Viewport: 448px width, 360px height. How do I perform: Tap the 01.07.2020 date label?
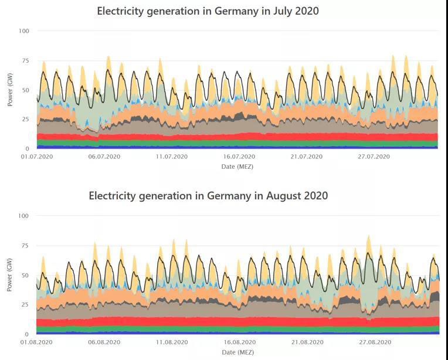(x=37, y=157)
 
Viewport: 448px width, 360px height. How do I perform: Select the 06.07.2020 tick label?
(x=104, y=157)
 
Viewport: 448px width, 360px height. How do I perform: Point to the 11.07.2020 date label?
(x=171, y=157)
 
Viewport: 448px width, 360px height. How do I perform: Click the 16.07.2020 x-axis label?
(x=239, y=157)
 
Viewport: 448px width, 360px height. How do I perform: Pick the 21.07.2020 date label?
(x=306, y=157)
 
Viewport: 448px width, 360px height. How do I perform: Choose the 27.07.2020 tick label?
(x=374, y=157)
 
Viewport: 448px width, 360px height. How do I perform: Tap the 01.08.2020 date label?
(x=37, y=342)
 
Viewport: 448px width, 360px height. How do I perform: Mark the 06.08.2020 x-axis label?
(x=104, y=342)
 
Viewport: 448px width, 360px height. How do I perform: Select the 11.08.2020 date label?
(x=171, y=342)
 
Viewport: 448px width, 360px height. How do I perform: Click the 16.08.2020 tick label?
(x=239, y=342)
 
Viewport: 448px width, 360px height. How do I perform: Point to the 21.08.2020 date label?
(x=306, y=342)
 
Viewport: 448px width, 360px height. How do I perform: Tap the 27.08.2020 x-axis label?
(x=374, y=342)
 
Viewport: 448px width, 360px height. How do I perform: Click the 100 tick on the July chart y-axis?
(x=24, y=30)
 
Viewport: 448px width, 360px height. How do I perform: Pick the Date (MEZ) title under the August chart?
(x=237, y=352)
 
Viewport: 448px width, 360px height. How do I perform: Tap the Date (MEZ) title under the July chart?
(x=237, y=167)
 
